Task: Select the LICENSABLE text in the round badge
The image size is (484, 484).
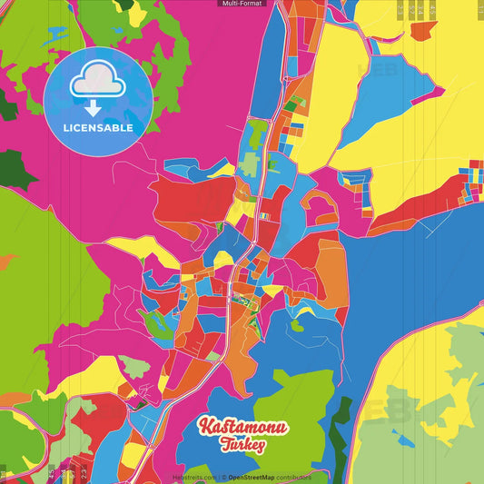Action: [98, 128]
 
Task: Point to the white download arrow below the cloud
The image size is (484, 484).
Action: [94, 107]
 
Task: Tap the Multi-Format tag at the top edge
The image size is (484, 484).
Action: [242, 4]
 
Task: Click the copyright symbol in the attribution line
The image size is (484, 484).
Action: [223, 477]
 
